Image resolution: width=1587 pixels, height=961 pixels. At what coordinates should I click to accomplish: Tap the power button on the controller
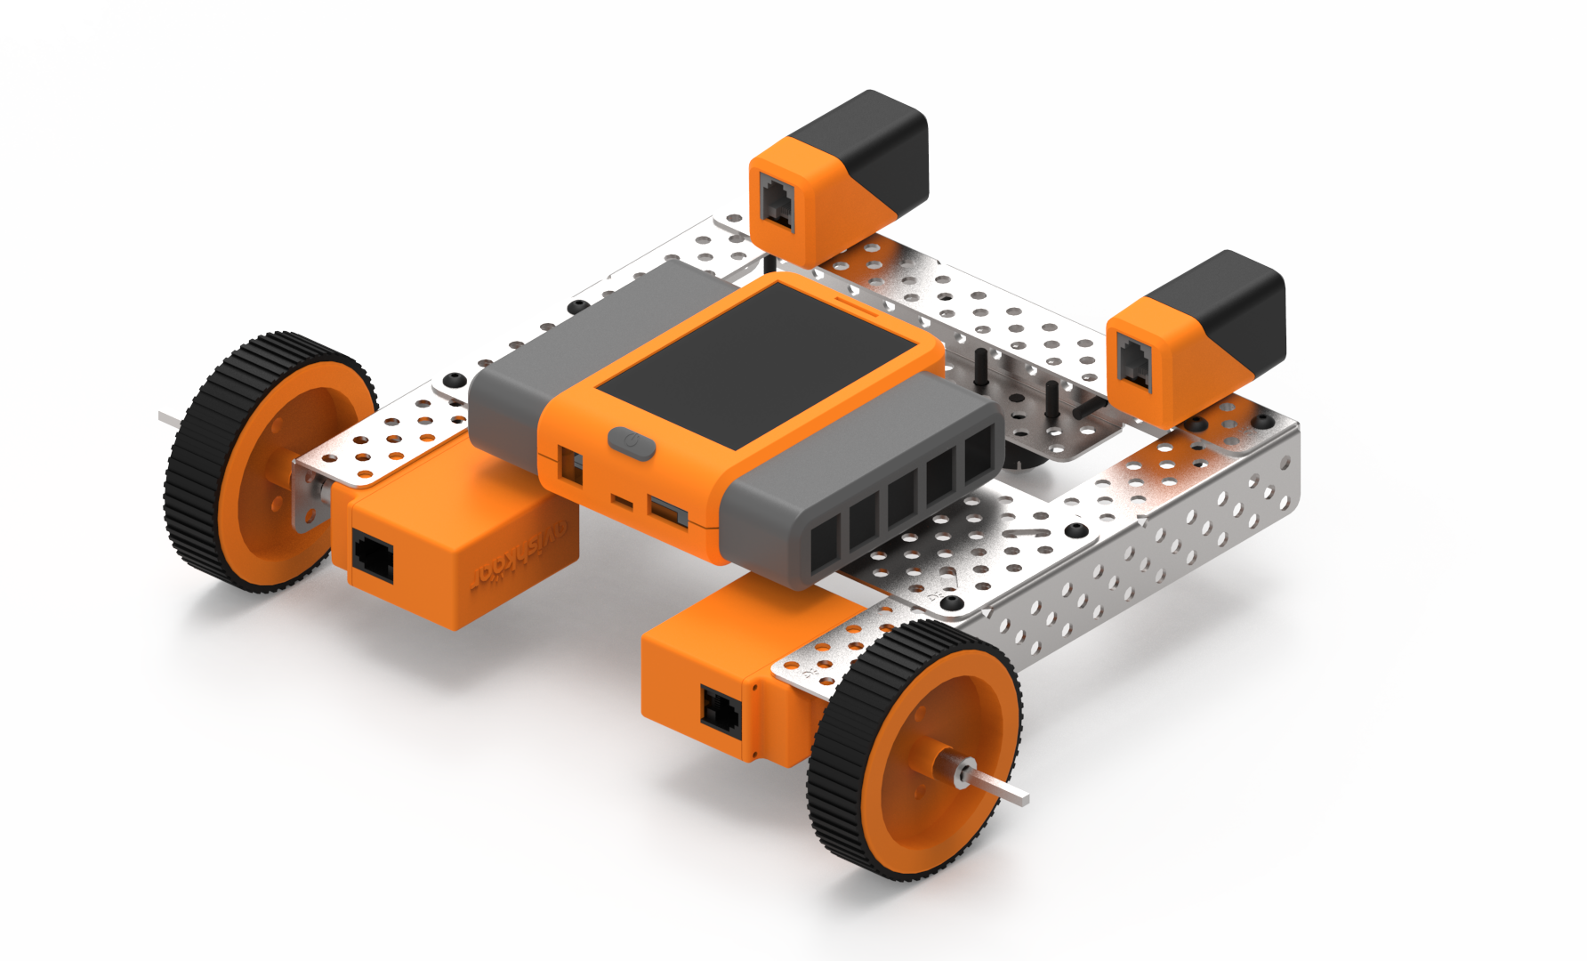click(631, 442)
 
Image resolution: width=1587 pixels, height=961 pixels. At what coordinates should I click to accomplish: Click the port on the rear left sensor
click(777, 203)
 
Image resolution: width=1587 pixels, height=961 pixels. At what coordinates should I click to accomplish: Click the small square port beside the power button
click(569, 465)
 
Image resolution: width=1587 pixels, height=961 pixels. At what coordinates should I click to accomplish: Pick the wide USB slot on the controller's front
click(668, 513)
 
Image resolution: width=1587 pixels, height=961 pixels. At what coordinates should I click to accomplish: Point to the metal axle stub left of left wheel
click(169, 417)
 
